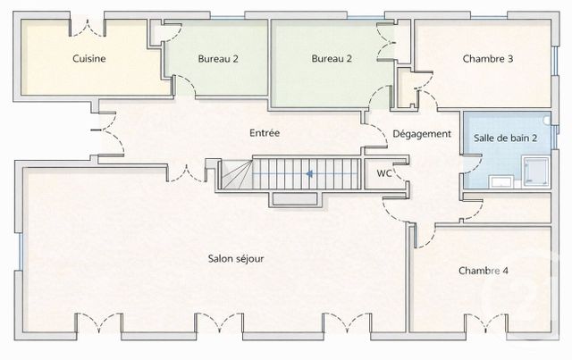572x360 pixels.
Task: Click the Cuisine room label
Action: click(x=89, y=59)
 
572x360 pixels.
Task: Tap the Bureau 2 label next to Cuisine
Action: click(x=217, y=59)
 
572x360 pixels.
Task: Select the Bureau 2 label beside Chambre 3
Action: click(x=332, y=59)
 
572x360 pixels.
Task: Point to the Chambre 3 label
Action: click(x=487, y=59)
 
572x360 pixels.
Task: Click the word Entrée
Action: click(x=265, y=133)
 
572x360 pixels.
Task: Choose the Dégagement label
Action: click(x=422, y=134)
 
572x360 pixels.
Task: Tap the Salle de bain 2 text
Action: click(x=506, y=138)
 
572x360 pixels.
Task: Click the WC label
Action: click(x=384, y=173)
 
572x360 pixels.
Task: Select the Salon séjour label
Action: click(x=236, y=259)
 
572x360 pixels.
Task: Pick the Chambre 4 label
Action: click(x=484, y=271)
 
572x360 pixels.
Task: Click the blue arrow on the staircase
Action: click(x=308, y=174)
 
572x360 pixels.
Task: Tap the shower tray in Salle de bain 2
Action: click(x=535, y=169)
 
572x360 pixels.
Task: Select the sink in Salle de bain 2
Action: click(x=501, y=181)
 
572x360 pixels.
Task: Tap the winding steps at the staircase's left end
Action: click(x=235, y=174)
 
